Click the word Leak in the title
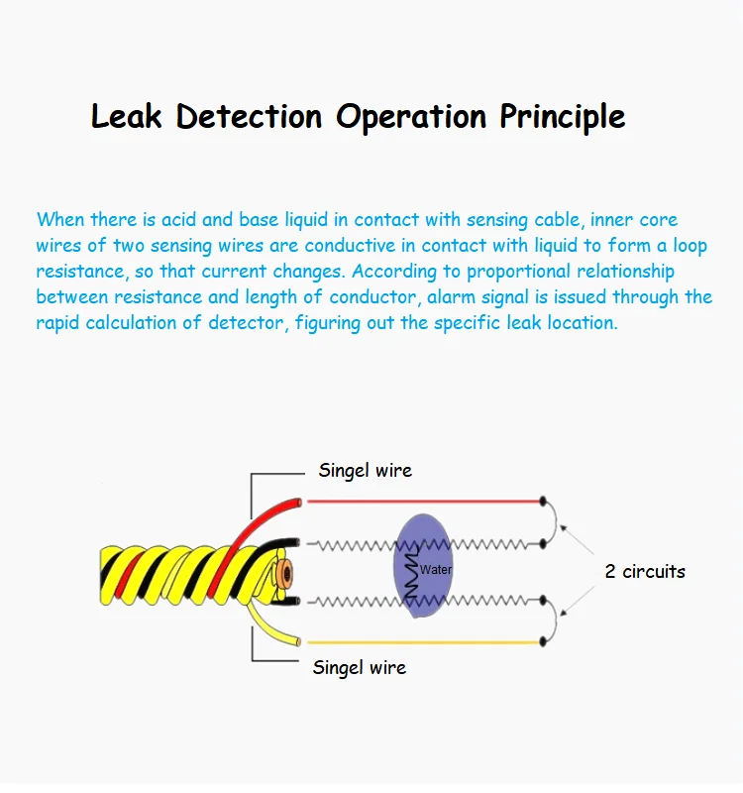pos(129,116)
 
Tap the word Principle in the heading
pos(562,117)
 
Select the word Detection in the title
pos(250,116)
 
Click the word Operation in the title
pos(411,117)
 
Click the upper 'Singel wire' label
pos(365,470)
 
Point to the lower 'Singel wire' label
pos(359,667)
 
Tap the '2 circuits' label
pos(645,571)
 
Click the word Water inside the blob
pos(436,570)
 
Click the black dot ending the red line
pos(543,501)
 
